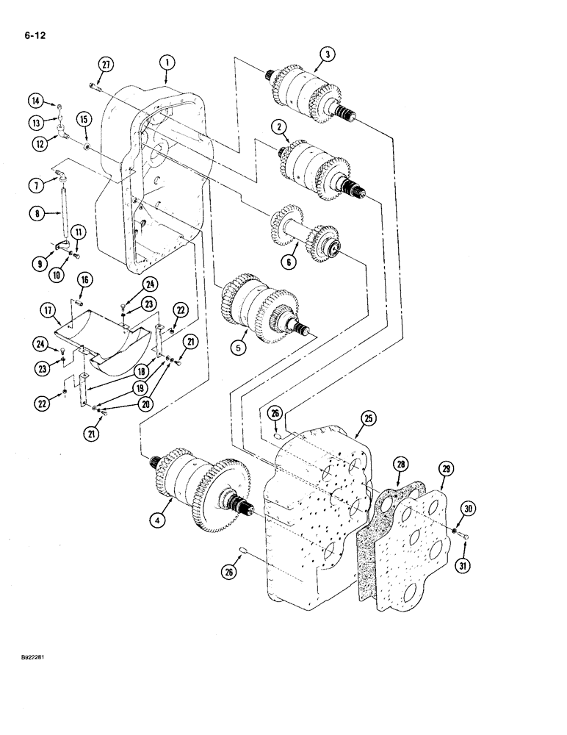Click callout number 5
237,348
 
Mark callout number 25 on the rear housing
368,420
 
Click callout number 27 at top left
106,65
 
